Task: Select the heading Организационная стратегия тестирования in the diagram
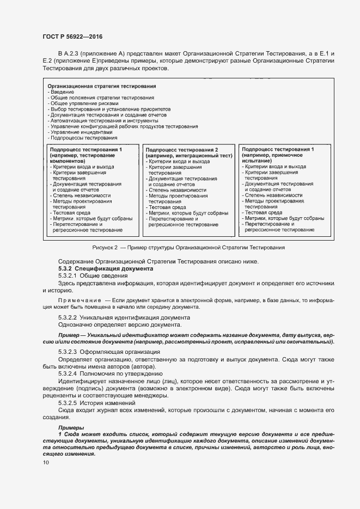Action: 102,86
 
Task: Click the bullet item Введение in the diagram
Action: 63,92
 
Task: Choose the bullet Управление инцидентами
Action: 82,132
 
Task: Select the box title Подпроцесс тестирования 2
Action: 182,150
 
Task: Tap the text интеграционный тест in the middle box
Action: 203,156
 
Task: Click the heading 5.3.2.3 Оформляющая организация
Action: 109,352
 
